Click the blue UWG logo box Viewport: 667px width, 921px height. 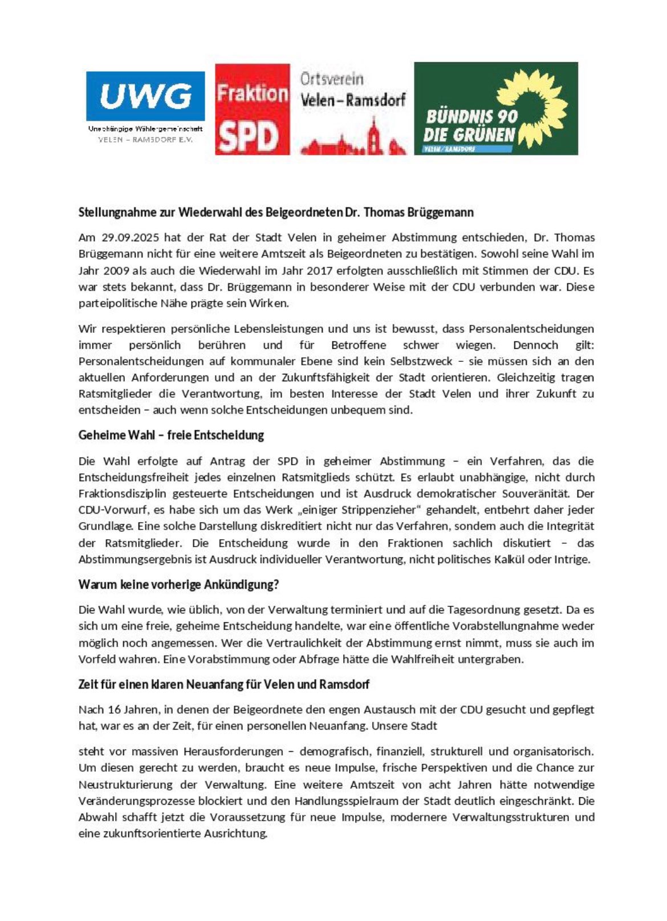click(145, 96)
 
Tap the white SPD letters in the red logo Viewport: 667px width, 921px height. click(249, 137)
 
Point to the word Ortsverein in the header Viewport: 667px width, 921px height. click(332, 79)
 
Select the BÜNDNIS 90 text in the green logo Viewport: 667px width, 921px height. click(471, 117)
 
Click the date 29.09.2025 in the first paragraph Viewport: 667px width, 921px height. click(128, 238)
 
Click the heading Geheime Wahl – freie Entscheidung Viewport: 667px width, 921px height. click(171, 435)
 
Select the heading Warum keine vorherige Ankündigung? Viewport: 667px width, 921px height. click(178, 585)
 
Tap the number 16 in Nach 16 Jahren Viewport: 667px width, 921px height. click(124, 710)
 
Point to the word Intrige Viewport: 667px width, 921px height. click(572, 559)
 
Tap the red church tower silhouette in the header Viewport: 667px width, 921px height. click(373, 135)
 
